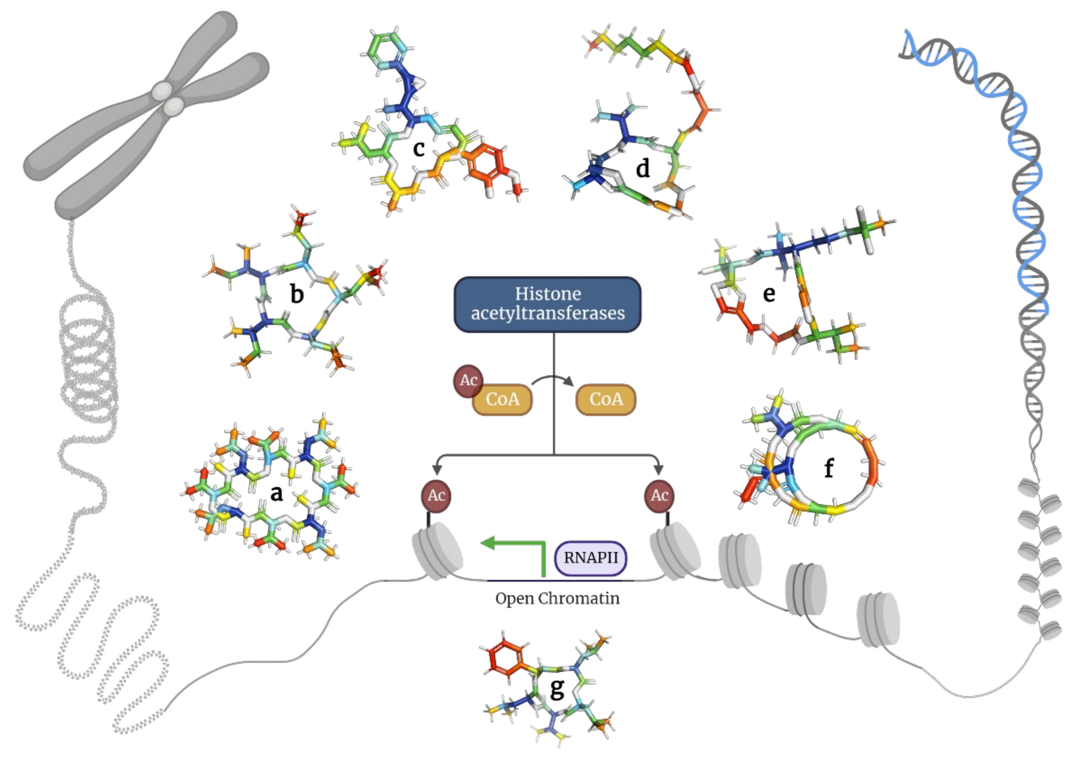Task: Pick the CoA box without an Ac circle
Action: click(606, 399)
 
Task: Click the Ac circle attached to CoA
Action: click(468, 380)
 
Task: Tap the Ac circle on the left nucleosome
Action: click(436, 496)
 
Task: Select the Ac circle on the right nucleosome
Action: click(659, 496)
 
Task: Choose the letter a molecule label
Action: click(277, 493)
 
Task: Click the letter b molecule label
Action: click(297, 294)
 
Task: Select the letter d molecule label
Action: click(643, 168)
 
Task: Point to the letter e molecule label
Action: click(769, 294)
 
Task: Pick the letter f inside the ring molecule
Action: click(829, 468)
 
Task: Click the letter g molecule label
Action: click(557, 689)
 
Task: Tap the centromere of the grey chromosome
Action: click(168, 98)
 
